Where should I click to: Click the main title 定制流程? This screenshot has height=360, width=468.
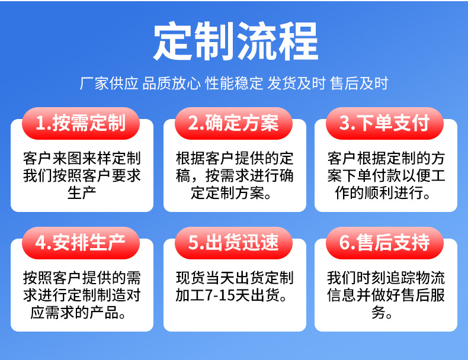(236, 41)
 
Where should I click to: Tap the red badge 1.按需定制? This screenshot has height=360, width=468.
(81, 123)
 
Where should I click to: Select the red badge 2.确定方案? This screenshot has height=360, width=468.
(233, 123)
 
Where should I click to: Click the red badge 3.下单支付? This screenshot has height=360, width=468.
(384, 123)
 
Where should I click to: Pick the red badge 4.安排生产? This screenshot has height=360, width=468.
(81, 243)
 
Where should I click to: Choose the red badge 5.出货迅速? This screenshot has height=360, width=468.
(233, 243)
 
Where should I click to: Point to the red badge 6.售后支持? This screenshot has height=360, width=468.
(384, 243)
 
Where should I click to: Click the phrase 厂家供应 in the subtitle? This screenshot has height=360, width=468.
(109, 83)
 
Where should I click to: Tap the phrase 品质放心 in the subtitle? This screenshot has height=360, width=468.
(171, 83)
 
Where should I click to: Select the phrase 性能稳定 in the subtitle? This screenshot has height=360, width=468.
(234, 83)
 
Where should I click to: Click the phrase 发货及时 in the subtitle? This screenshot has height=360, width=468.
(296, 83)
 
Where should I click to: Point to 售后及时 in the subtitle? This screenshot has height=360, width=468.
(359, 83)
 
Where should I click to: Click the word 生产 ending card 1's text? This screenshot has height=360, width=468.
(82, 193)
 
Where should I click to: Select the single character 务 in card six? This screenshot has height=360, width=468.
(379, 313)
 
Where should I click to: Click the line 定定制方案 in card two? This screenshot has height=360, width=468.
(227, 193)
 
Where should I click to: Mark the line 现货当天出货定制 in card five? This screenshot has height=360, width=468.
(235, 278)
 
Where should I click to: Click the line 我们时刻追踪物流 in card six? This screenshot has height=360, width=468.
(386, 278)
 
